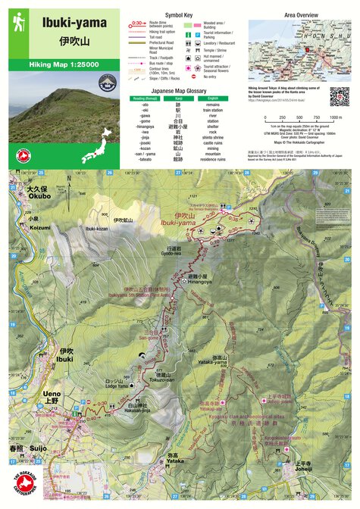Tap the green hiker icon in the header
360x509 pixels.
(18, 23)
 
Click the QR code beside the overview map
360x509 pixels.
(340, 96)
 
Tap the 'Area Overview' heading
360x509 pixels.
(301, 14)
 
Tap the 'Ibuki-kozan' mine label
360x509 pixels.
(97, 227)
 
